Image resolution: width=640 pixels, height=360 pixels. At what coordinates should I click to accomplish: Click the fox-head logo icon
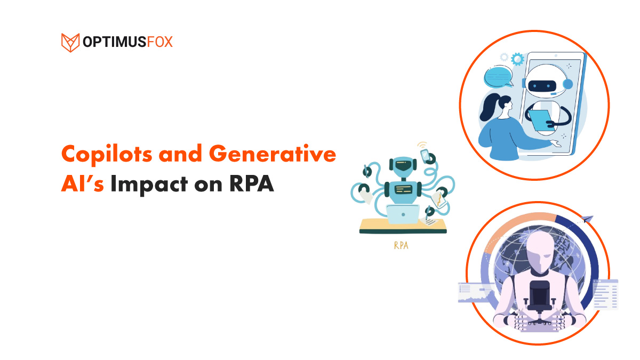pos(70,43)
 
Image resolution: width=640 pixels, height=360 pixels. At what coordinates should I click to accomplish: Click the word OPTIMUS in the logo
pos(114,42)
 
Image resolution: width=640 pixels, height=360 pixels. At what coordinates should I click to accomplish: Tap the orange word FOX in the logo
pos(159,42)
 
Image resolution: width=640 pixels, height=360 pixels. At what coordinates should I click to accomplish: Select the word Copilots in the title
pos(107,155)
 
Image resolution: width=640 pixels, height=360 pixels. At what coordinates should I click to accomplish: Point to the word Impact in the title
pos(149,185)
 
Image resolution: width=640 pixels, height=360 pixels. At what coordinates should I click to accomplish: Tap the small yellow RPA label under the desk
pos(401,245)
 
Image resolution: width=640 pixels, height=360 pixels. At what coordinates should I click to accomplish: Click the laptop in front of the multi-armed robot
pos(403,214)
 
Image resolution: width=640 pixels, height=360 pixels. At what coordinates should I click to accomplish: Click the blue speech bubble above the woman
pos(499,77)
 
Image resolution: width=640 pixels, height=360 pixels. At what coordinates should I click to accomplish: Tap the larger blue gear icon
pos(517,59)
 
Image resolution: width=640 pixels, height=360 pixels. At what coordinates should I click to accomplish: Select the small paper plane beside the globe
pos(587,219)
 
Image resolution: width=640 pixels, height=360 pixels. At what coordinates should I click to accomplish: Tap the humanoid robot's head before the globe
pos(539,251)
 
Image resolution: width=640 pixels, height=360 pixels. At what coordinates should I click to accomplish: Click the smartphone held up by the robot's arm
pos(425,155)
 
